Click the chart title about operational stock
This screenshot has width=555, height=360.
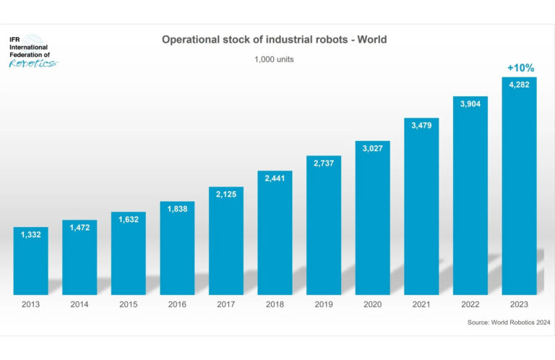[274, 40]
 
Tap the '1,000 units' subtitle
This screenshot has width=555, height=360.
[274, 59]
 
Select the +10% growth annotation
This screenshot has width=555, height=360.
[520, 68]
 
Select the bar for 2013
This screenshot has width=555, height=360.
[31, 260]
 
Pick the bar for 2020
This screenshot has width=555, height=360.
[372, 217]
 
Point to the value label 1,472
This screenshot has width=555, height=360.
[79, 228]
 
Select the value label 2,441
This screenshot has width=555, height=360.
[275, 179]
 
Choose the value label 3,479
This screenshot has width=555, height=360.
[421, 126]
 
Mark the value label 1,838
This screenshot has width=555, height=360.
[177, 209]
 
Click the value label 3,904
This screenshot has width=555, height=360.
[470, 103]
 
